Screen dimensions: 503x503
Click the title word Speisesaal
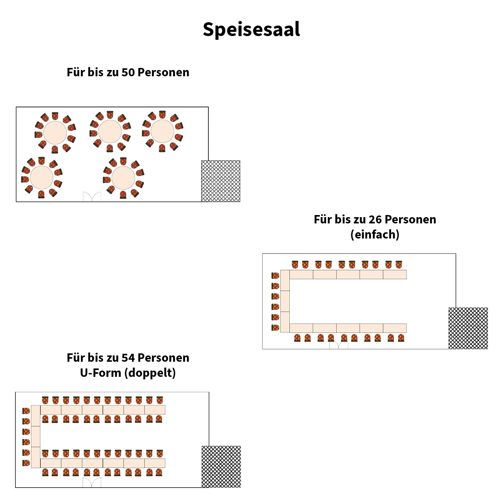tap(251, 29)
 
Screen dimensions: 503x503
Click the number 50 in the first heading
tap(128, 72)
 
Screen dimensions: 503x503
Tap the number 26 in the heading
tap(375, 219)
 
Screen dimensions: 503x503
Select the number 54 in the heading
tap(128, 358)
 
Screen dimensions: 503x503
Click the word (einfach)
tap(375, 234)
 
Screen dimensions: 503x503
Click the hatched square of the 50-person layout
tap(220, 181)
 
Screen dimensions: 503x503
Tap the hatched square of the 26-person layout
tap(468, 328)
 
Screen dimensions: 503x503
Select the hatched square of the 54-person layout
tap(221, 467)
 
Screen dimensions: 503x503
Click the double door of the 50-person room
tap(92, 197)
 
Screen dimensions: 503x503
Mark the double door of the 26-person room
tap(338, 344)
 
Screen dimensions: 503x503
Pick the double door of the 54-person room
tap(92, 482)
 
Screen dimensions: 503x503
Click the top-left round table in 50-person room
tap(55, 132)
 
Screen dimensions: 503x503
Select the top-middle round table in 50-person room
tap(110, 132)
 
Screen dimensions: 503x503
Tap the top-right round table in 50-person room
tap(162, 131)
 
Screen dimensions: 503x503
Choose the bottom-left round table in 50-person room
tap(41, 178)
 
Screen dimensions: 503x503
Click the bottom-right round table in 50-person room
tap(123, 178)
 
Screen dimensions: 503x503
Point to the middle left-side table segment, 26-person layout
tap(285, 301)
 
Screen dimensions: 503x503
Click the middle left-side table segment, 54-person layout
tap(36, 436)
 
